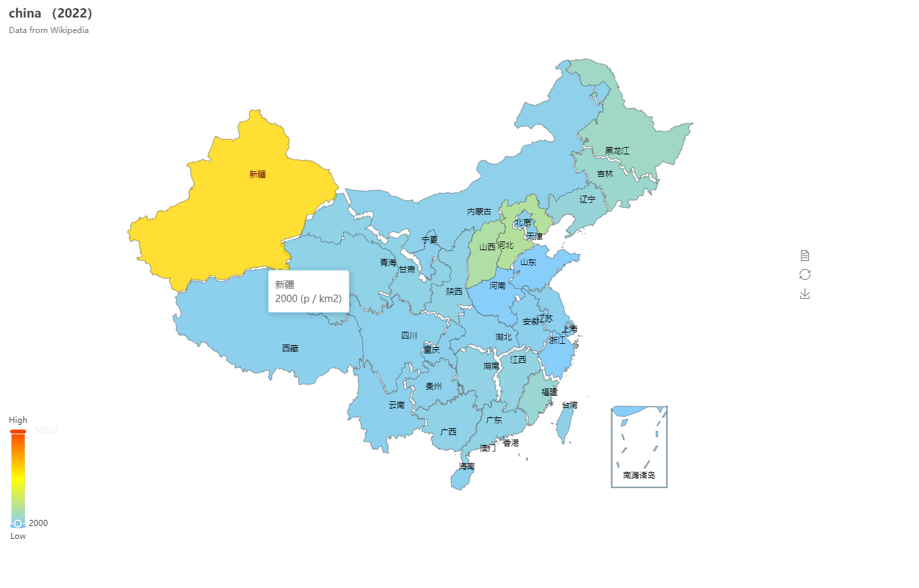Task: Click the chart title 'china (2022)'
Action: (51, 13)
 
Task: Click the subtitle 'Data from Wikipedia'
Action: (49, 30)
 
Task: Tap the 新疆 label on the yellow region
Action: (258, 174)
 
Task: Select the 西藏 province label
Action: (290, 349)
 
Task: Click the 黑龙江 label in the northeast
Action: (617, 151)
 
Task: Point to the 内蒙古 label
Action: (480, 212)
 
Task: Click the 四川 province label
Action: (410, 336)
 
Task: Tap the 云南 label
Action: (397, 405)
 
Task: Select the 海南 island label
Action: (467, 467)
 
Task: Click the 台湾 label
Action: (569, 405)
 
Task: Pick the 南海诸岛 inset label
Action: (639, 475)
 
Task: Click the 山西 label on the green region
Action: (487, 247)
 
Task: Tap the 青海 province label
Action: (388, 262)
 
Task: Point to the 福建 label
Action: (549, 392)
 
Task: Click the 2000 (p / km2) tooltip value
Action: (308, 299)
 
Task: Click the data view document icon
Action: (804, 256)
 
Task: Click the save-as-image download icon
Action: (804, 293)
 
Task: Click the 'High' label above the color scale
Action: (18, 420)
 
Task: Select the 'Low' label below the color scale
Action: (18, 536)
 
